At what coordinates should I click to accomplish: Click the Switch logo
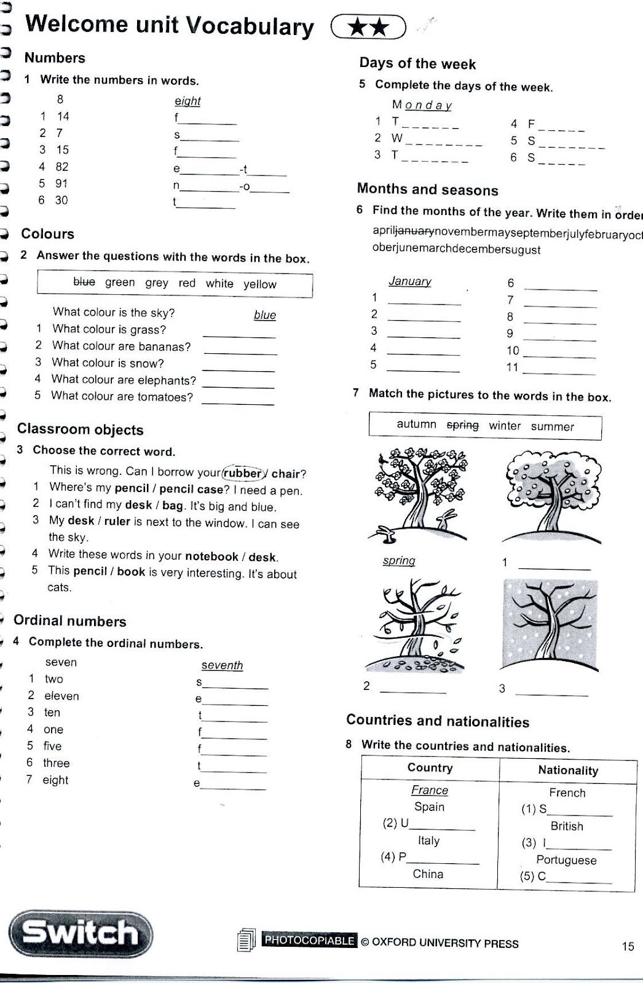[80, 933]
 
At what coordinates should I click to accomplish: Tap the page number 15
[628, 946]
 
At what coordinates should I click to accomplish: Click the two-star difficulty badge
[368, 27]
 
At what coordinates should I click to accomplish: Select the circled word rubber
[243, 473]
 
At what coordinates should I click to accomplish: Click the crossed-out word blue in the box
[84, 281]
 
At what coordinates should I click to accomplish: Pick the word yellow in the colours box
[259, 284]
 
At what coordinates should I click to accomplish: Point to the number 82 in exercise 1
[61, 166]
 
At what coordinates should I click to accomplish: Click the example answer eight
[187, 101]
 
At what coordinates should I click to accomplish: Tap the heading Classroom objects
[80, 429]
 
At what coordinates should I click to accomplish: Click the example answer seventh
[222, 665]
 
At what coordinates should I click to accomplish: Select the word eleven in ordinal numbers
[61, 695]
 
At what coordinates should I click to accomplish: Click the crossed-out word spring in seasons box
[462, 425]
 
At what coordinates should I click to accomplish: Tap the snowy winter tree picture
[550, 625]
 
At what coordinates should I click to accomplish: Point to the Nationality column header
[567, 770]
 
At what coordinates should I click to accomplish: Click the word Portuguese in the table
[566, 860]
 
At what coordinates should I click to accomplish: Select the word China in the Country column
[428, 874]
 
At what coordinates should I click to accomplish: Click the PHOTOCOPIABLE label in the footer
[309, 940]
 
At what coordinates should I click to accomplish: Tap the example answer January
[409, 281]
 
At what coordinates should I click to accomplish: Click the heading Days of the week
[417, 63]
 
